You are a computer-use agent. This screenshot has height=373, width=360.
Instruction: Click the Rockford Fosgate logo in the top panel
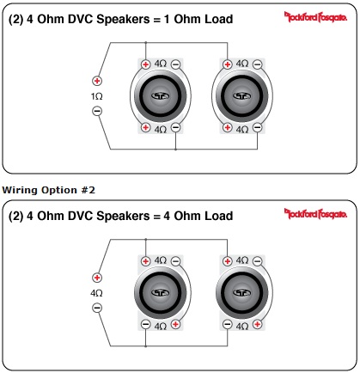[x=315, y=17]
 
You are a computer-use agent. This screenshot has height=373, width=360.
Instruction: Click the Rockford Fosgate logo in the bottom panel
[x=315, y=214]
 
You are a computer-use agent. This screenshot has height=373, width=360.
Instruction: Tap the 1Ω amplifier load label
[x=97, y=96]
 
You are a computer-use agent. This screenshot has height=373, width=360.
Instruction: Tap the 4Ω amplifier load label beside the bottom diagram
[x=96, y=293]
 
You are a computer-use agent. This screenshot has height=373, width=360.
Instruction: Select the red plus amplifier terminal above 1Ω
[x=97, y=81]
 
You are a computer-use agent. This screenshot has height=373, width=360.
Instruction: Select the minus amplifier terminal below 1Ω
[x=97, y=111]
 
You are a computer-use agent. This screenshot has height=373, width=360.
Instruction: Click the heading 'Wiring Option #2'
[x=48, y=190]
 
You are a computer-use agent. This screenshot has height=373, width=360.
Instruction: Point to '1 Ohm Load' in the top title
[x=198, y=19]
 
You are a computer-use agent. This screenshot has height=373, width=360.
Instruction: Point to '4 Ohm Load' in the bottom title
[x=198, y=216]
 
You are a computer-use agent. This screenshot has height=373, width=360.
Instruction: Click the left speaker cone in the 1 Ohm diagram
[x=161, y=96]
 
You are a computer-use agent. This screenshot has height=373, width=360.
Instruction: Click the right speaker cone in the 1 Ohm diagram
[x=242, y=96]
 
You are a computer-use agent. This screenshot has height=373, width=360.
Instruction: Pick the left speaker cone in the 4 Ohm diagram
[x=161, y=293]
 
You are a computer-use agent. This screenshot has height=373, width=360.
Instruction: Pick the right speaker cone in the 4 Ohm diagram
[x=242, y=293]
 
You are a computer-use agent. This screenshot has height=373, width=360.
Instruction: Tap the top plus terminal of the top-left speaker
[x=146, y=64]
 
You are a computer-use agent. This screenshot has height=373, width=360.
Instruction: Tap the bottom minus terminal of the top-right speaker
[x=258, y=127]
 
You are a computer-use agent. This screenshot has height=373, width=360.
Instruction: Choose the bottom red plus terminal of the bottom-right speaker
[x=258, y=324]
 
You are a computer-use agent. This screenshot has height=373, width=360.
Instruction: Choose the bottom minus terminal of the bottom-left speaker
[x=146, y=324]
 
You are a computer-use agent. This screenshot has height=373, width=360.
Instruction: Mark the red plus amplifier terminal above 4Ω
[x=97, y=278]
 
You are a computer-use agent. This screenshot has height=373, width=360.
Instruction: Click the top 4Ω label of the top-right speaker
[x=242, y=64]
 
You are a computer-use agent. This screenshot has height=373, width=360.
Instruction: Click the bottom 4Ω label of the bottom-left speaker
[x=161, y=327]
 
